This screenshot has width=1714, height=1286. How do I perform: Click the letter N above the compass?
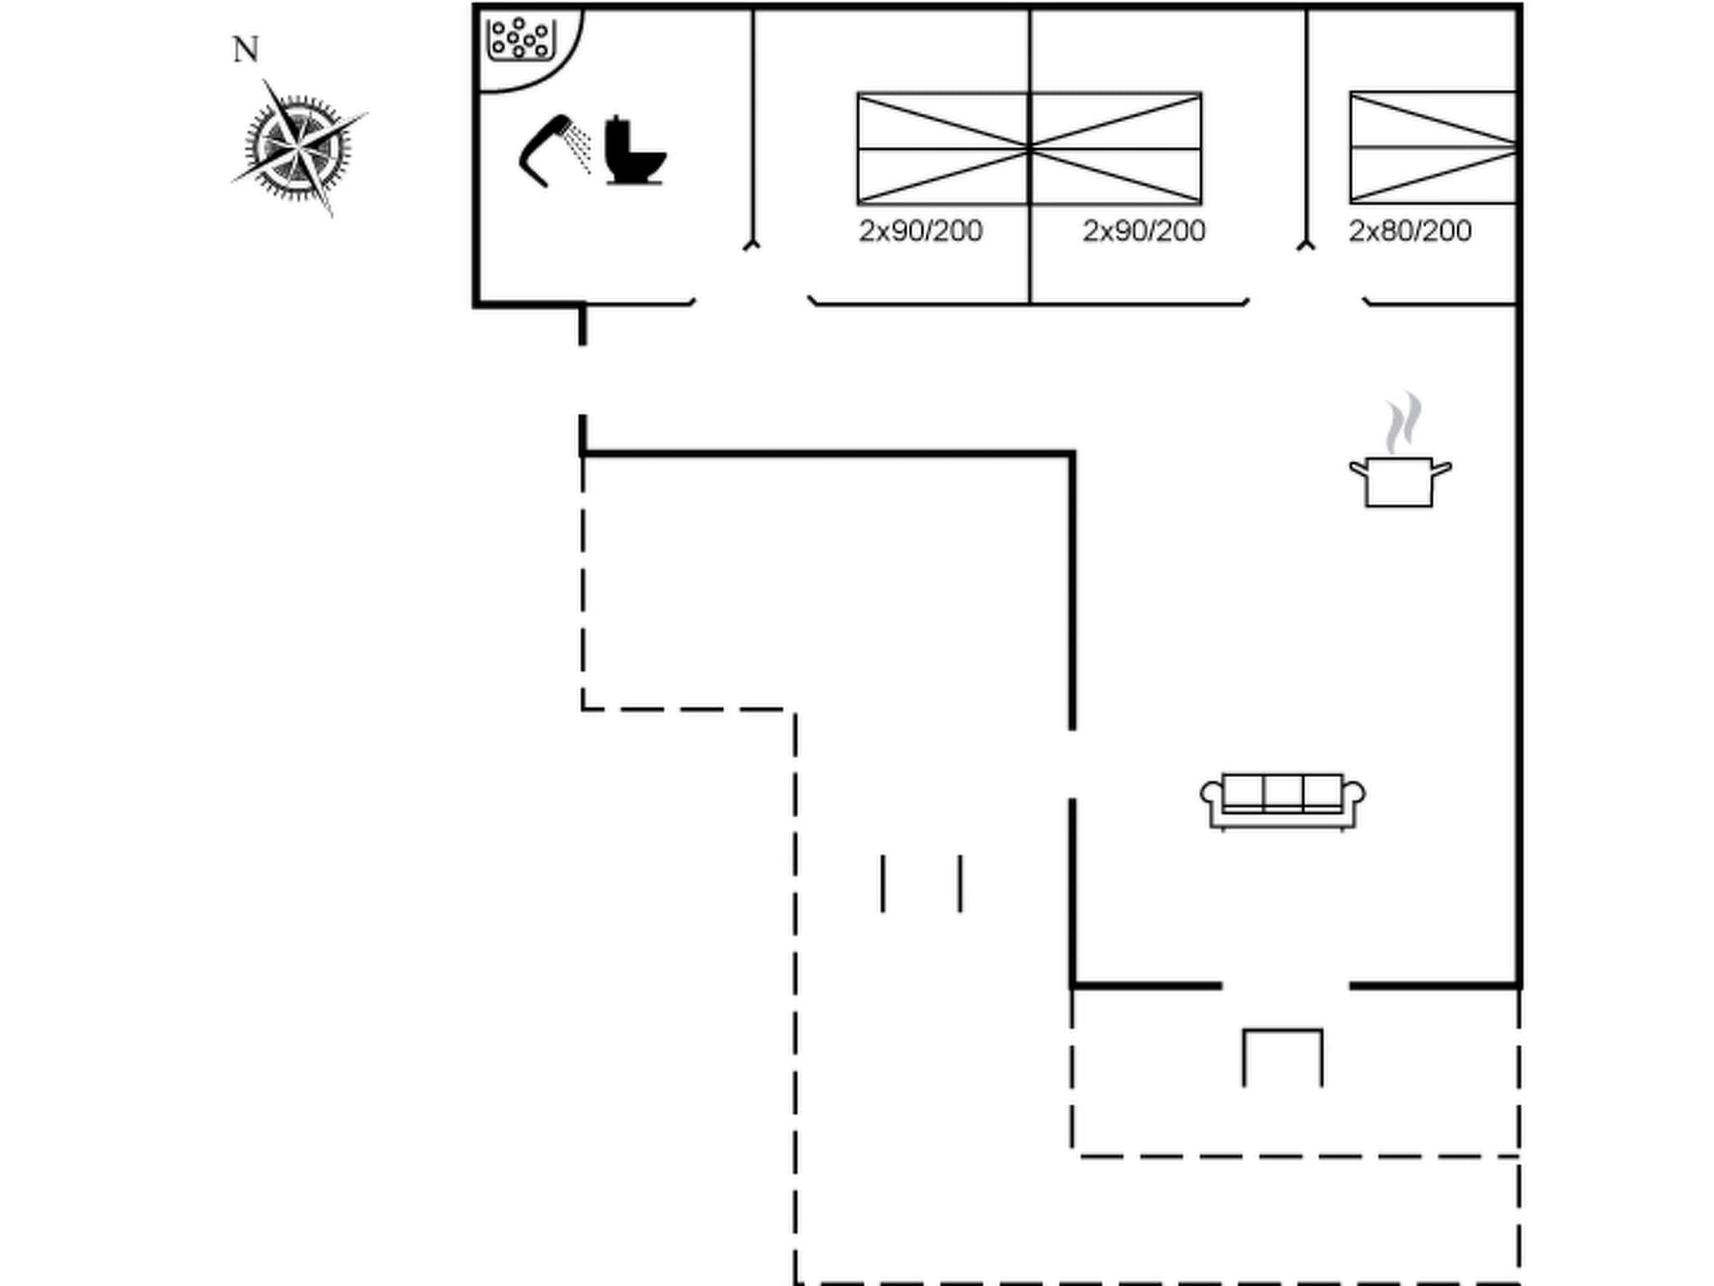pyautogui.click(x=245, y=50)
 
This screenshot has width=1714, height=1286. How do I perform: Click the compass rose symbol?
pyautogui.click(x=299, y=149)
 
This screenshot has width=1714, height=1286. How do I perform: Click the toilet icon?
pyautogui.click(x=634, y=152)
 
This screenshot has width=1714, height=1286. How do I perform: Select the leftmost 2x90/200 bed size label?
pyautogui.click(x=921, y=231)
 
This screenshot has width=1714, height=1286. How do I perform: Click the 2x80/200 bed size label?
pyautogui.click(x=1410, y=231)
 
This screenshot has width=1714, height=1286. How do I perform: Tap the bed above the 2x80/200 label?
pyautogui.click(x=1433, y=147)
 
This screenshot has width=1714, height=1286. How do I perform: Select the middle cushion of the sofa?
pyautogui.click(x=1283, y=791)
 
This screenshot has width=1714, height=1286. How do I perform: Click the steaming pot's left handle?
pyautogui.click(x=1357, y=470)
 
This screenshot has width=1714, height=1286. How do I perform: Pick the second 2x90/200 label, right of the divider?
pyautogui.click(x=1144, y=231)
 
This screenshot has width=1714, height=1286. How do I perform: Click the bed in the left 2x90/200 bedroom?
pyautogui.click(x=943, y=148)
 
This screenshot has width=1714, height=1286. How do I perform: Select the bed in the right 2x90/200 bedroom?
pyautogui.click(x=1116, y=148)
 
